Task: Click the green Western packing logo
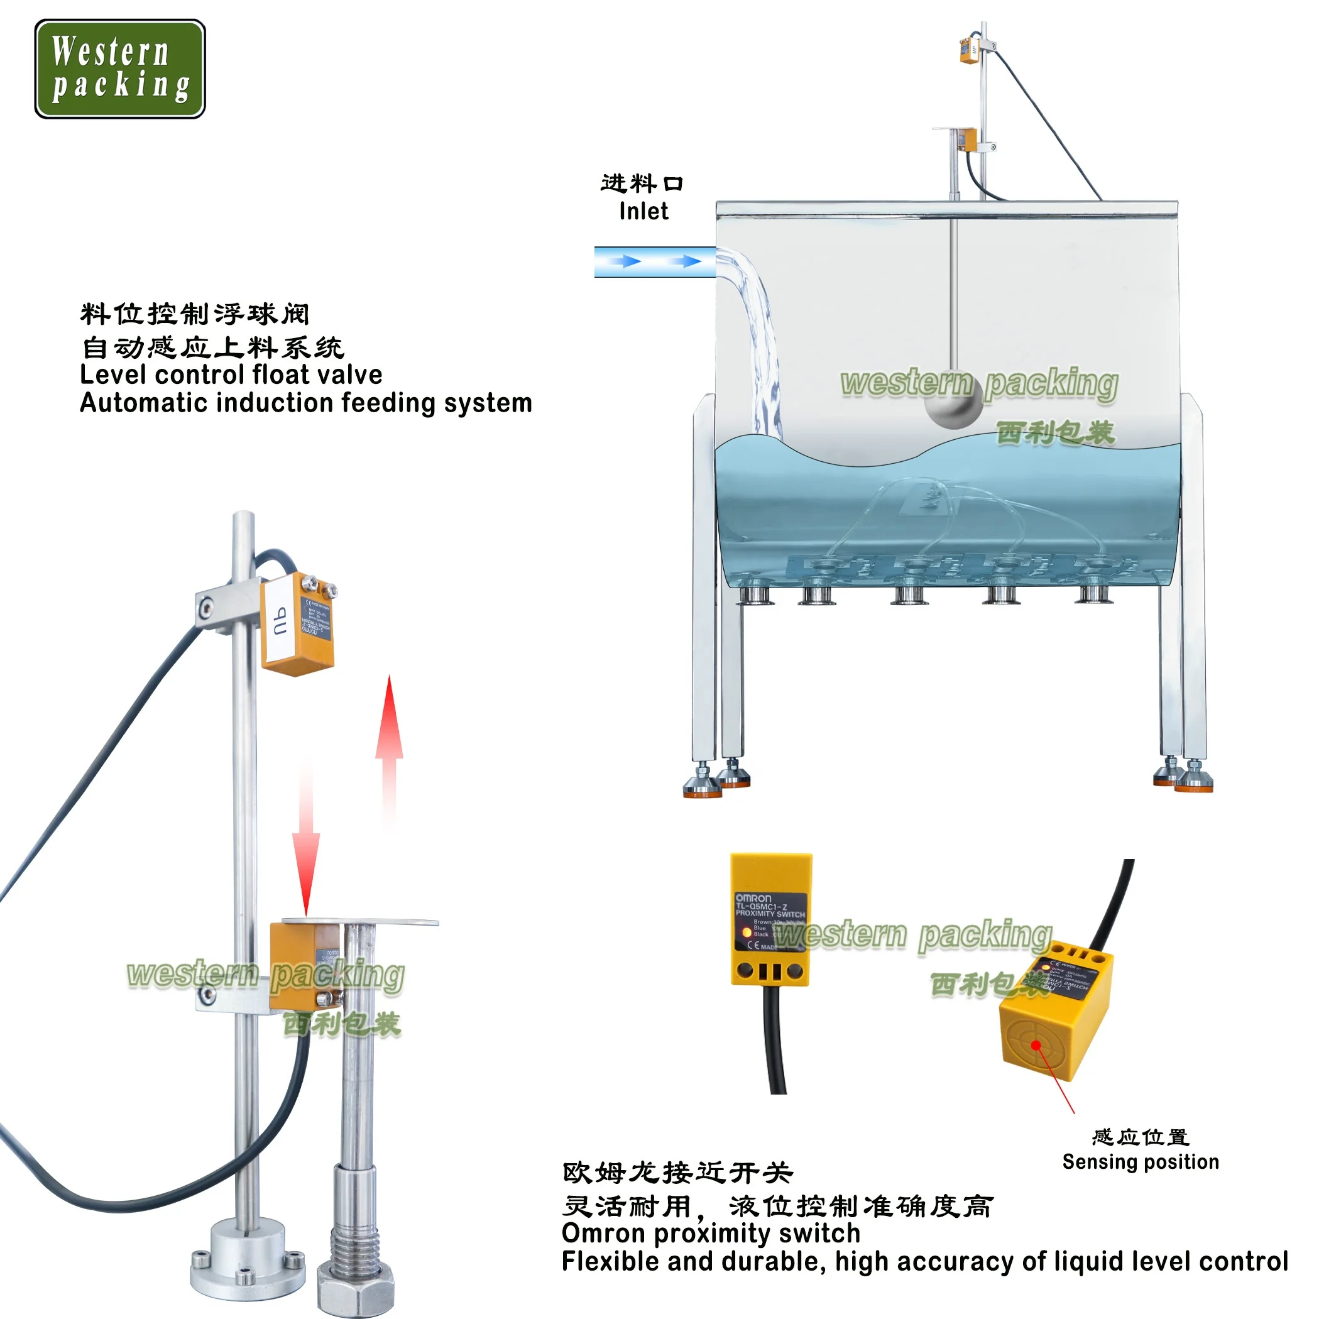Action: coord(120,69)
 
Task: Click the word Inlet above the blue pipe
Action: coord(643,212)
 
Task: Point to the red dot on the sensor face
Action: coord(1036,1045)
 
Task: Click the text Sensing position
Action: coord(1140,1162)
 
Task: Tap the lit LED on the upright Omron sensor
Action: coord(746,932)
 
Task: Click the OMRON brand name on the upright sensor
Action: coord(753,898)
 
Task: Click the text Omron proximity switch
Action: coord(710,1234)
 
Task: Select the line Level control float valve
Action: coord(231,375)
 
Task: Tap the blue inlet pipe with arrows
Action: coord(654,261)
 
